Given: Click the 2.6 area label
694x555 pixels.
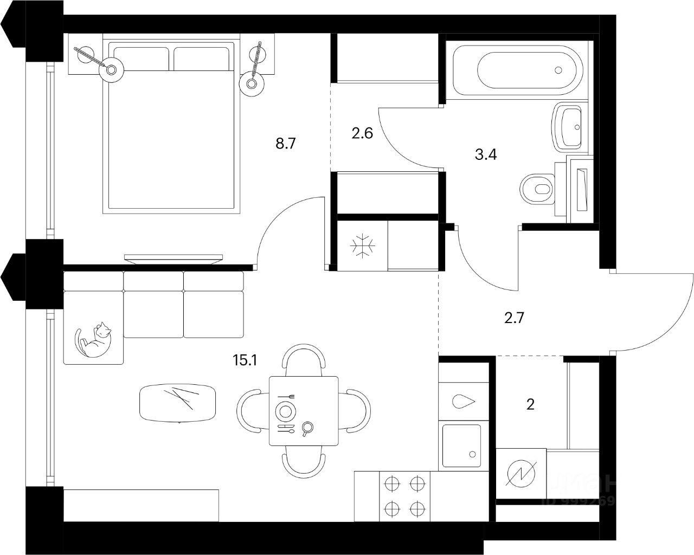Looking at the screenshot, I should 362,133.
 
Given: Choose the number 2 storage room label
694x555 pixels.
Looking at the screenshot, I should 531,404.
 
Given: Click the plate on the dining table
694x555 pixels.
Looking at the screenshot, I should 286,410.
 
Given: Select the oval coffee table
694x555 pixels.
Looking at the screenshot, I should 178,403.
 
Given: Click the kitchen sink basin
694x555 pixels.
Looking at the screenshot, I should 462,446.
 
